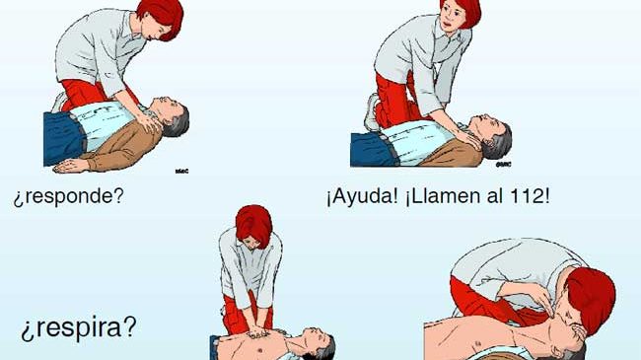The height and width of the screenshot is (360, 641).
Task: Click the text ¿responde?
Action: [x=68, y=197]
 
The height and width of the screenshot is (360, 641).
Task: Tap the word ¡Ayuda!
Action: [x=362, y=197]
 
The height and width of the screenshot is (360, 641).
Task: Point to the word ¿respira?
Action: [x=79, y=328]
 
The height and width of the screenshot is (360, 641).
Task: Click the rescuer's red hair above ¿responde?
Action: [x=163, y=17]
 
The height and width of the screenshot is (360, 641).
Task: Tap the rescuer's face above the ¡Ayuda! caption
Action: [x=451, y=17]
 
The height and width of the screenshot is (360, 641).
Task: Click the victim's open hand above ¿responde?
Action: [x=70, y=166]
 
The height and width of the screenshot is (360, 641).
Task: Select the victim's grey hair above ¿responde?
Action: [x=178, y=122]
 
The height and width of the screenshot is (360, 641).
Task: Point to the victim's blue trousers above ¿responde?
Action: [x=62, y=138]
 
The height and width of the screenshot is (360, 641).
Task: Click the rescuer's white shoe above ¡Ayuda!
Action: [x=371, y=112]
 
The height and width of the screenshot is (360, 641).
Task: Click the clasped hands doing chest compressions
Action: [x=256, y=331]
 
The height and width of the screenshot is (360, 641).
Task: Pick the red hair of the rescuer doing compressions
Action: [x=253, y=225]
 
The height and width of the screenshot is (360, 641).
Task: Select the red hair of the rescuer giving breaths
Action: [x=592, y=298]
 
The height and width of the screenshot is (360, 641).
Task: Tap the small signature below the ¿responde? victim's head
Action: [x=181, y=171]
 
